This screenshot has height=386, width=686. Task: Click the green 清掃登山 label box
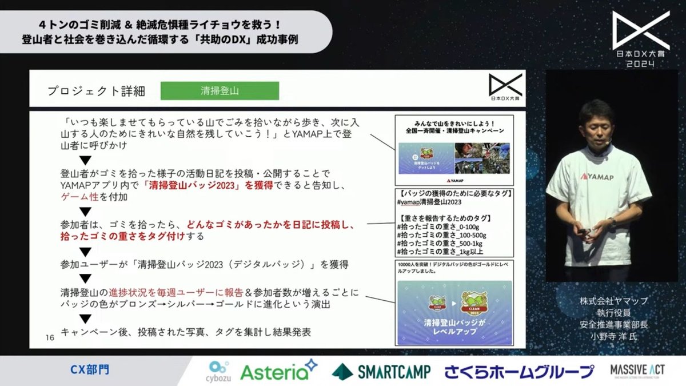pos(220,91)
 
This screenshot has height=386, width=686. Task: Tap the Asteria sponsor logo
pos(278,371)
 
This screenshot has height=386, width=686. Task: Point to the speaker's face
pos(594,124)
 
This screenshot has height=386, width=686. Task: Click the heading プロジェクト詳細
pos(97,91)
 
